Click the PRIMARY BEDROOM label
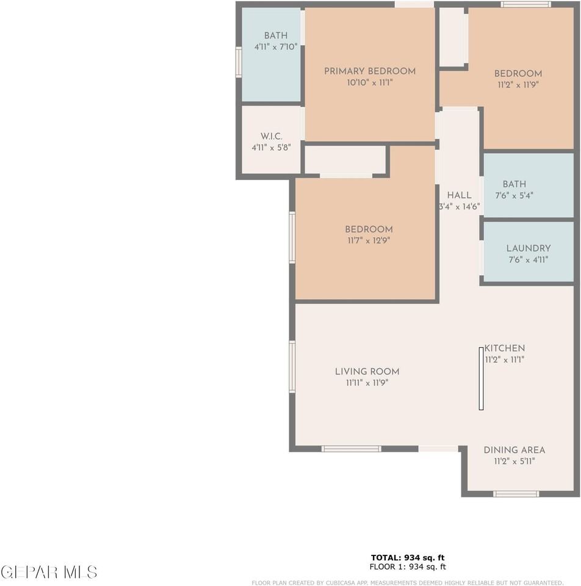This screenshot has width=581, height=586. click(369, 71)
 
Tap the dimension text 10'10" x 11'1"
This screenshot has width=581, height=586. click(369, 82)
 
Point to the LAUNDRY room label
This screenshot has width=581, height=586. click(528, 248)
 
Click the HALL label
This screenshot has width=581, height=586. click(459, 195)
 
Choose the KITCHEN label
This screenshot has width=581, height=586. click(505, 349)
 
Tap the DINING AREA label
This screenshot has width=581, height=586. click(514, 450)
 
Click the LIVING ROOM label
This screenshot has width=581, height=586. click(367, 372)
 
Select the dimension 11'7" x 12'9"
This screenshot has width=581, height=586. click(369, 241)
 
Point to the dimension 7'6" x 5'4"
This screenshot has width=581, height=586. click(514, 195)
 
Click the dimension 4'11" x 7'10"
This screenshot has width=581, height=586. click(275, 46)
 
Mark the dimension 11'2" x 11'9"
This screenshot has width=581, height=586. click(518, 85)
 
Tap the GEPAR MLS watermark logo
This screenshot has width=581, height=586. click(49, 572)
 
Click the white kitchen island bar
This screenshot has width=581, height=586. click(481, 378)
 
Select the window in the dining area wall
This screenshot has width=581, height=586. click(516, 493)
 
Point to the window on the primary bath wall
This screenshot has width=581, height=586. click(239, 62)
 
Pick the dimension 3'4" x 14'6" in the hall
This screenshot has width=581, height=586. click(459, 207)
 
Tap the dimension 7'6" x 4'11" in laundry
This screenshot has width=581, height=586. click(528, 259)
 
